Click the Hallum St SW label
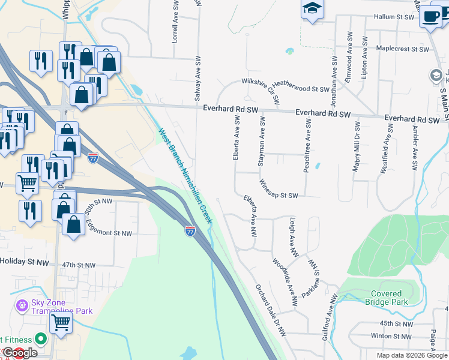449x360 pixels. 393,17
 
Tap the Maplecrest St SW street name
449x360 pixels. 403,49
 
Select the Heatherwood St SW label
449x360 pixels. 301,88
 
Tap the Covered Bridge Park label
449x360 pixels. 386,298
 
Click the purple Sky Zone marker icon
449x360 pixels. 22,306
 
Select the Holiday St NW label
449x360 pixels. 24,262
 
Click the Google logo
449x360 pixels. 20,353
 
